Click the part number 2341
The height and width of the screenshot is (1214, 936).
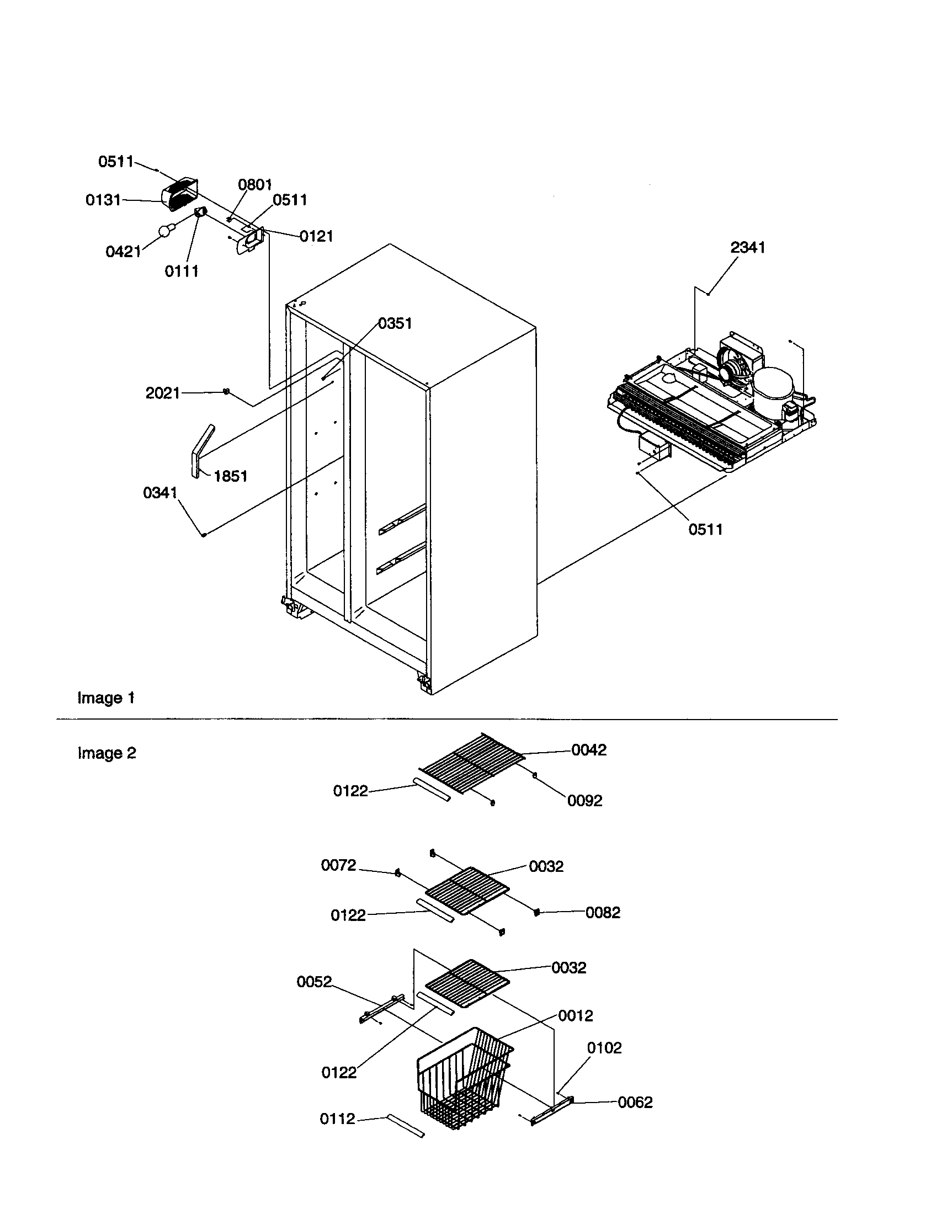(x=747, y=248)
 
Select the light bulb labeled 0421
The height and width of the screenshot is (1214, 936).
(x=165, y=231)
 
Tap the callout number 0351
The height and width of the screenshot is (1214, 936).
(x=395, y=323)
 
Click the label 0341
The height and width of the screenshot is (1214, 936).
(x=160, y=493)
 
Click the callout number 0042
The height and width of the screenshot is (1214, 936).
(x=589, y=750)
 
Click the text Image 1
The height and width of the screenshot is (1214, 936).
(x=106, y=698)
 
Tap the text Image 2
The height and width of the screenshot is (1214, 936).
(x=107, y=753)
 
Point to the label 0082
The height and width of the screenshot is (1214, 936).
(x=603, y=913)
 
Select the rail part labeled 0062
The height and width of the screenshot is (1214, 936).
(x=551, y=1112)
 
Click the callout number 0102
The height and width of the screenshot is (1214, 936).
(x=604, y=1048)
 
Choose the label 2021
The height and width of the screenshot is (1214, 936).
(x=163, y=393)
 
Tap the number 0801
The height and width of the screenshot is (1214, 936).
(x=254, y=185)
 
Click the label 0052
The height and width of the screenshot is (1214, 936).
(x=314, y=982)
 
